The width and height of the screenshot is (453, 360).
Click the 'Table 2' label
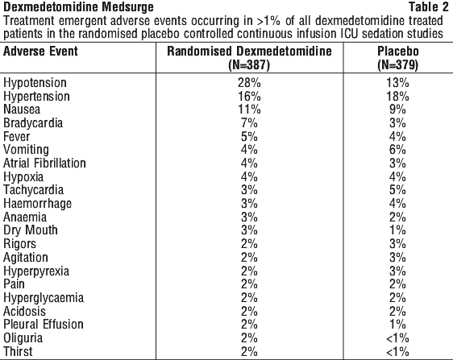429,7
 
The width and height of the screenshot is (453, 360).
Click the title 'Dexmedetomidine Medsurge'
78,7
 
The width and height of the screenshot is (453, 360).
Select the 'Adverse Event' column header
40,52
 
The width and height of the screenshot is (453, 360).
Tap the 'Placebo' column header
398,52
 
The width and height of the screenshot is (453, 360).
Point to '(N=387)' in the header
249,65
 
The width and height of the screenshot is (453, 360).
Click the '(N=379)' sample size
398,65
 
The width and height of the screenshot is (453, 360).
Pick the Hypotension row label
35,83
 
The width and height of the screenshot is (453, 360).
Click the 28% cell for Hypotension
249,83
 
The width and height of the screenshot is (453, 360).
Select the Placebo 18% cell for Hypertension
397,96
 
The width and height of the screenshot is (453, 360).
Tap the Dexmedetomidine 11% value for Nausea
249,110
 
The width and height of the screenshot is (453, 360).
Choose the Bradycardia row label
33,123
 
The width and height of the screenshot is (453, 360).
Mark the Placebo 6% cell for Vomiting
397,150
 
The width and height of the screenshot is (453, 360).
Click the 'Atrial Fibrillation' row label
44,163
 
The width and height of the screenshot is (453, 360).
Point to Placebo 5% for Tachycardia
397,190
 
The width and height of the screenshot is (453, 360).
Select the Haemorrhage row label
37,204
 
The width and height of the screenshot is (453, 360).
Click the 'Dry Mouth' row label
31,230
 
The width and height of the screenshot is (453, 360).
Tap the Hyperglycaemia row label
44,298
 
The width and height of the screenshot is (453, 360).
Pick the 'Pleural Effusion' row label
44,325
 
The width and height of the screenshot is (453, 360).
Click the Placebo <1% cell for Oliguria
397,338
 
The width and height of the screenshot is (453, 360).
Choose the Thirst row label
18,351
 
